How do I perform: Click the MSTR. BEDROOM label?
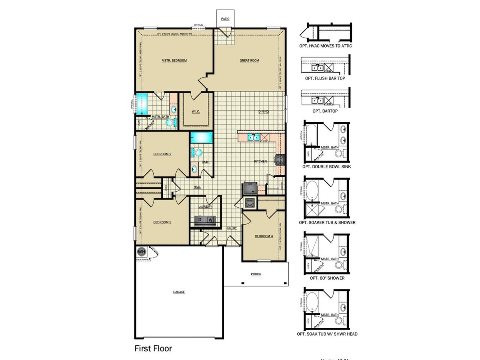click(x=174, y=60)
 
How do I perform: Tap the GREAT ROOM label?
click(x=249, y=60)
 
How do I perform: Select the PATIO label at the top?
click(x=225, y=19)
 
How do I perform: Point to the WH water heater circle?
click(x=141, y=252)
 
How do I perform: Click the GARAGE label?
click(x=179, y=292)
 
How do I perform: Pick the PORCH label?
click(x=256, y=274)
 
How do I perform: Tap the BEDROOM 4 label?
click(x=264, y=236)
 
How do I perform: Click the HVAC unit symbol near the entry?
click(x=250, y=203)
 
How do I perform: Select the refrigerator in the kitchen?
click(x=250, y=187)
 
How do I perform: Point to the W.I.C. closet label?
click(x=195, y=111)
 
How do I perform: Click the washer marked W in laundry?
click(x=211, y=220)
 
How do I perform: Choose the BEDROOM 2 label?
click(x=162, y=154)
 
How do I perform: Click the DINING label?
click(x=264, y=111)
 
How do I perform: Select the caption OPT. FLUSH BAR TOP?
click(x=325, y=78)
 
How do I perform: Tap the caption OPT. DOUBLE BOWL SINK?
click(x=327, y=166)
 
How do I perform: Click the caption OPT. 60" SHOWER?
click(x=327, y=278)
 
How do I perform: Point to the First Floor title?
click(x=153, y=348)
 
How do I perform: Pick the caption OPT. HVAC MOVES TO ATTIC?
click(x=325, y=46)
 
